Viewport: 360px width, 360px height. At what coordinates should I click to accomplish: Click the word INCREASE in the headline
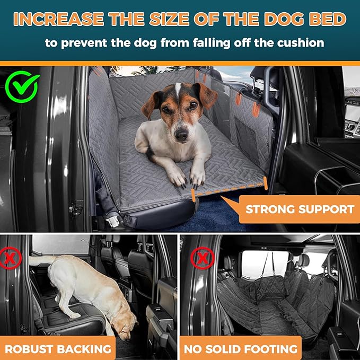(x=59, y=20)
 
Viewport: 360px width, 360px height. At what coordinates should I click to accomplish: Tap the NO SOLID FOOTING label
(x=240, y=348)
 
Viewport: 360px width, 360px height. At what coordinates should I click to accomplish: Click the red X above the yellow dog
(x=12, y=259)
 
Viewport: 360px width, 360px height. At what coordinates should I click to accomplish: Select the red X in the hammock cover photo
(x=203, y=259)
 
